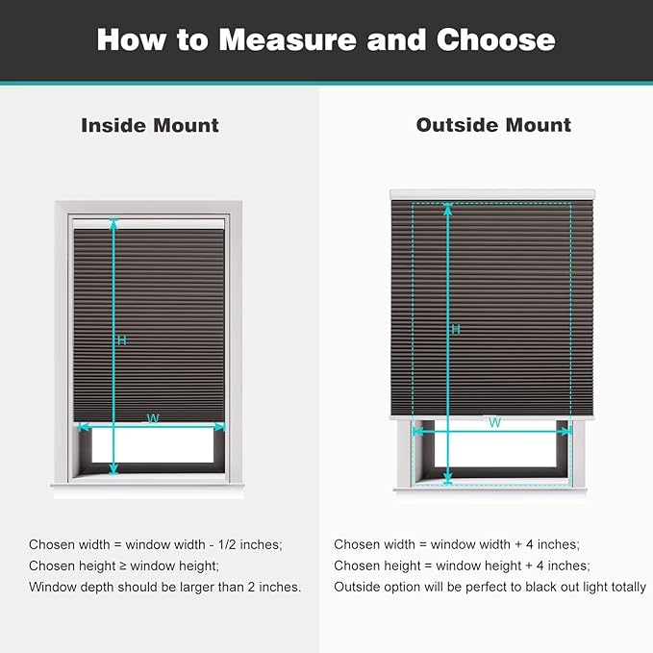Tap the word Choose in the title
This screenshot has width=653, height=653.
click(495, 39)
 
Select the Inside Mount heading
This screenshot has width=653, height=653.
click(150, 125)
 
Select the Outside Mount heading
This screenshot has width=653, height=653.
click(493, 125)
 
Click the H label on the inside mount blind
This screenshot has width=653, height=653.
click(121, 340)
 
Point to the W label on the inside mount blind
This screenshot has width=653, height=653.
click(152, 417)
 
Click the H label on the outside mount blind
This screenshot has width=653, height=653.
click(455, 329)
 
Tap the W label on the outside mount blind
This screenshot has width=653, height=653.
click(494, 422)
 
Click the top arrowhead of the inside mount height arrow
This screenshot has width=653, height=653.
click(113, 223)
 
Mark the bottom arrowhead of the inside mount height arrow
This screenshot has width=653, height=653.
click(113, 469)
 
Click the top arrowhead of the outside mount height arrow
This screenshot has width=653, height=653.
click(447, 209)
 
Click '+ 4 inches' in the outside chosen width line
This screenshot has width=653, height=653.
click(542, 544)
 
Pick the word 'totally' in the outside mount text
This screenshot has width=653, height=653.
click(626, 587)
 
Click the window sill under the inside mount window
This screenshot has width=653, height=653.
click(148, 485)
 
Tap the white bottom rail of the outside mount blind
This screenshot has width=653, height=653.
click(491, 415)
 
